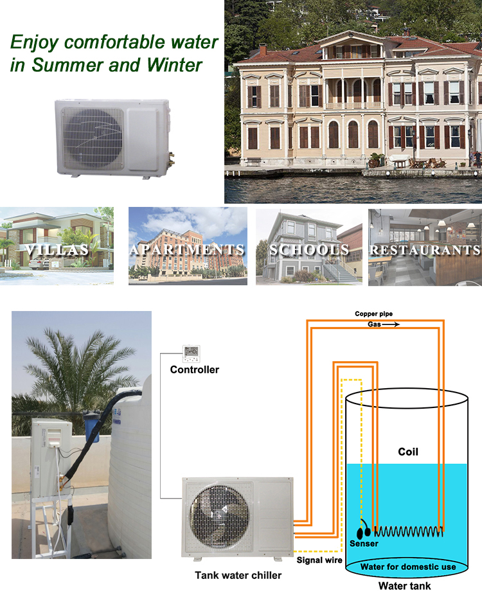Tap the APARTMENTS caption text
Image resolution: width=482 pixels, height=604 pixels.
pos(187,249)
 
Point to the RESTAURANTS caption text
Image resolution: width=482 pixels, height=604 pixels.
pos(425,249)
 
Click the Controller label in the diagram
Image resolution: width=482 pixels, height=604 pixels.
pos(194,369)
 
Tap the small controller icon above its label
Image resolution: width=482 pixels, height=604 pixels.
pos(192,351)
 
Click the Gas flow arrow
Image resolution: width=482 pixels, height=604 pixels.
pos(391,324)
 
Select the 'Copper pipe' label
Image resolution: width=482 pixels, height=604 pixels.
pos(373,314)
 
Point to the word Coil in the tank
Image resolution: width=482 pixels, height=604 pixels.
pos(407,452)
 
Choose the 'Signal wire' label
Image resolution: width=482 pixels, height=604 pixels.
pos(317,560)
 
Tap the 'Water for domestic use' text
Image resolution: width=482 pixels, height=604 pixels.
pos(408,567)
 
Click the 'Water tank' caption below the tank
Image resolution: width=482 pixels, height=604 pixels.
pos(404,585)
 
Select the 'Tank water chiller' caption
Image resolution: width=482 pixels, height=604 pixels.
pos(238,575)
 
